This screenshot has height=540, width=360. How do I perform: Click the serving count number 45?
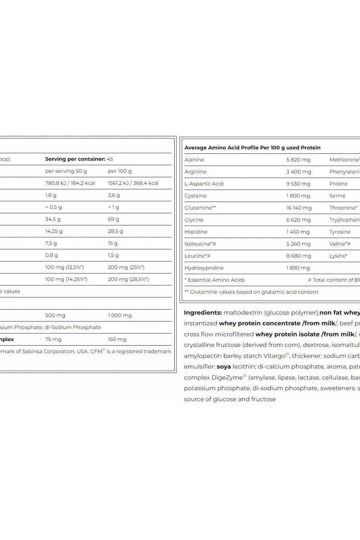[x=110, y=159]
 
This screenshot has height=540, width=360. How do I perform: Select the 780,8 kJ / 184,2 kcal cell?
[x=71, y=183]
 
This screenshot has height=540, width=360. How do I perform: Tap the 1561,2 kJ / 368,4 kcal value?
[x=133, y=183]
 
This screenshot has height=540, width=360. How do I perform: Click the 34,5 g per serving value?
[x=53, y=219]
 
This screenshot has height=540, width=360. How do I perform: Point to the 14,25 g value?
[x=54, y=231]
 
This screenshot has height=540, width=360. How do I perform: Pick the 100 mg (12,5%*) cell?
[x=64, y=267]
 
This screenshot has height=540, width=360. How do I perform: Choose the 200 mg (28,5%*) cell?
[x=128, y=279]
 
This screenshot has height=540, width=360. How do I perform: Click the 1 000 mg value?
[x=120, y=315]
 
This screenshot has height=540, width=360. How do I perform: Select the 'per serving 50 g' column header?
[x=66, y=171]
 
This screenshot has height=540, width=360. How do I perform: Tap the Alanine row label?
[x=194, y=160]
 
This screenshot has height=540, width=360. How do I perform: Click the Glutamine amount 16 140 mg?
[x=299, y=208]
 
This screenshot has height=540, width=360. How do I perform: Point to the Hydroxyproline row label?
[x=204, y=268]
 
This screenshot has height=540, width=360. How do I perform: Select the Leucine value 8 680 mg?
[x=298, y=256]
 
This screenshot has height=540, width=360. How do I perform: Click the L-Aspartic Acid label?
[x=204, y=184]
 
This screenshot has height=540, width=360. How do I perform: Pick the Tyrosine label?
[x=340, y=232]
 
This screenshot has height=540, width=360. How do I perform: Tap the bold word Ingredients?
[x=202, y=312]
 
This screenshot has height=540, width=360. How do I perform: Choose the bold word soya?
[x=224, y=367]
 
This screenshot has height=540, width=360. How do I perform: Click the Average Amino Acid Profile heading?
[x=252, y=148]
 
